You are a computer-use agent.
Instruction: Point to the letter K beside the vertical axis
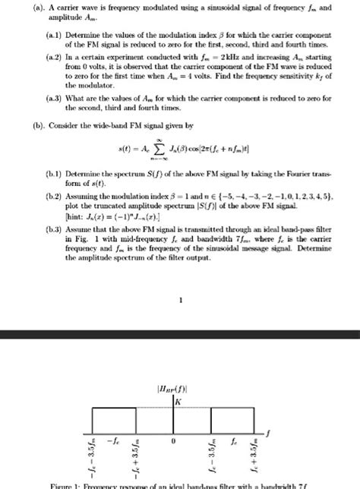click(x=179, y=400)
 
